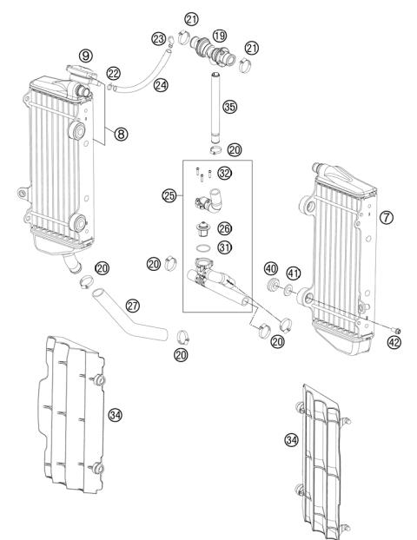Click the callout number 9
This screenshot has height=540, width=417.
click(86, 55)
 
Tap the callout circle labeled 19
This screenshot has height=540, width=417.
click(219, 36)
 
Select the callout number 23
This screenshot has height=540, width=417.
click(158, 38)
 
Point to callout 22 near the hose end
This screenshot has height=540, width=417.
click(114, 73)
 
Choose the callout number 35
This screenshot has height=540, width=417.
click(229, 107)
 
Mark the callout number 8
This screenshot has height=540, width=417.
click(121, 135)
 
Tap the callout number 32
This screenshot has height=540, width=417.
click(224, 173)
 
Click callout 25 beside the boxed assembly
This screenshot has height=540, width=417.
click(169, 196)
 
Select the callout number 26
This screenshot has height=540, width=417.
click(224, 229)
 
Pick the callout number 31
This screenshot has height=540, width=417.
click(224, 248)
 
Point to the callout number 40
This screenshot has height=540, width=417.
click(270, 269)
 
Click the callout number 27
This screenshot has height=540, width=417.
click(133, 305)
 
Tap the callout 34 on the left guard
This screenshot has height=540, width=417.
click(116, 415)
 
